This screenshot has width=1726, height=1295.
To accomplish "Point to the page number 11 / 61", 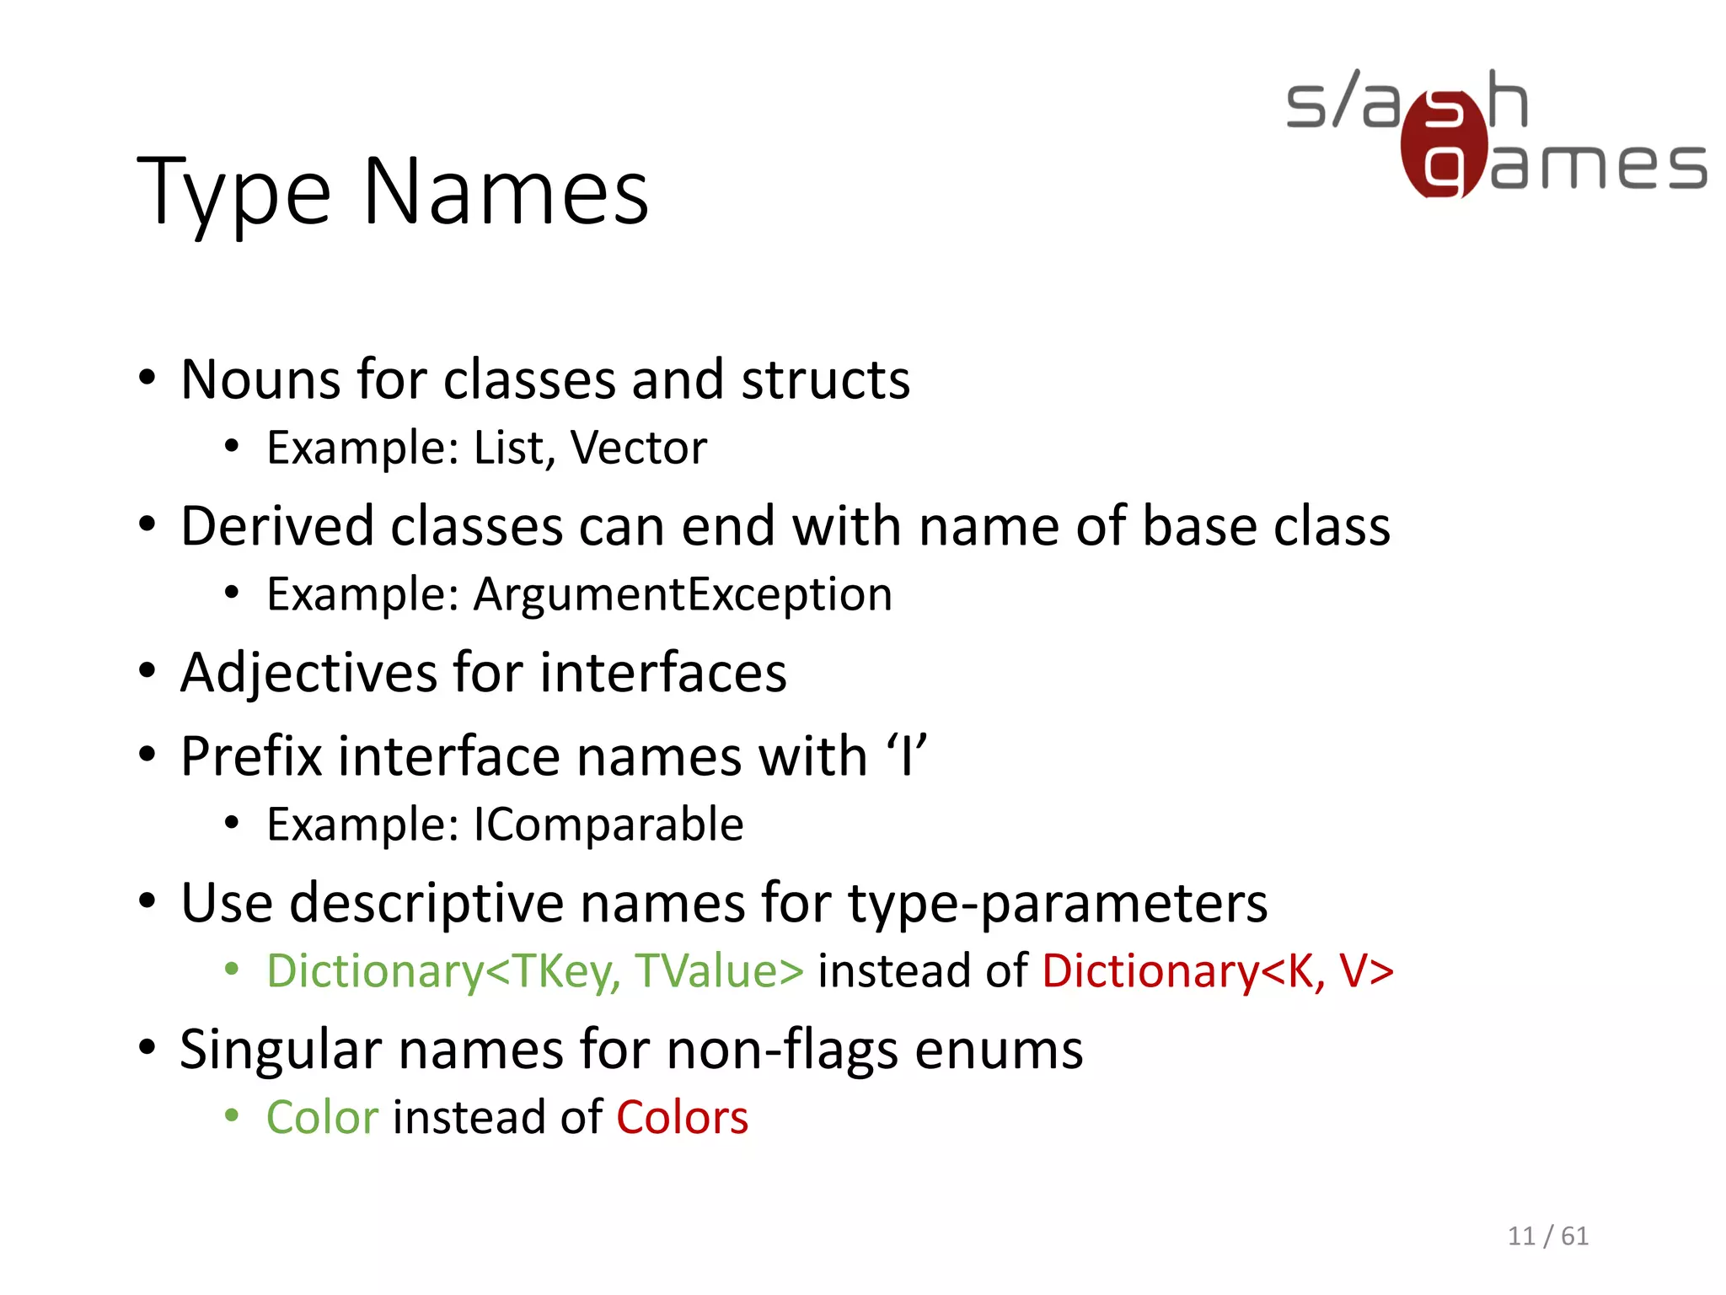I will (1547, 1236).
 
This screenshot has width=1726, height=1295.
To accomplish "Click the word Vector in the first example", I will (638, 448).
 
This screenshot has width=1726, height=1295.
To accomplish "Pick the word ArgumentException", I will (683, 594).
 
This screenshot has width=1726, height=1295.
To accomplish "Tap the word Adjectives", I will (309, 673).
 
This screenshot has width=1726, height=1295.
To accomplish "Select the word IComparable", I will (608, 825).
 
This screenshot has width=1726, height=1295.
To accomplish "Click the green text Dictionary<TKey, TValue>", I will (535, 970).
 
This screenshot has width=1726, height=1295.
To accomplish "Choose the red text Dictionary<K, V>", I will (1218, 970).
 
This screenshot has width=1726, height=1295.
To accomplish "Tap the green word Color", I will (323, 1118).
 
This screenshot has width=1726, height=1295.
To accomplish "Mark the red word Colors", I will (682, 1118).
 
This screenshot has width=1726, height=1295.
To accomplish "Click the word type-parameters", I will (1057, 904).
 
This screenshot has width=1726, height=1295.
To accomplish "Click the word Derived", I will (277, 526).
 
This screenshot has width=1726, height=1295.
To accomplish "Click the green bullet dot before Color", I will (232, 1117).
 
